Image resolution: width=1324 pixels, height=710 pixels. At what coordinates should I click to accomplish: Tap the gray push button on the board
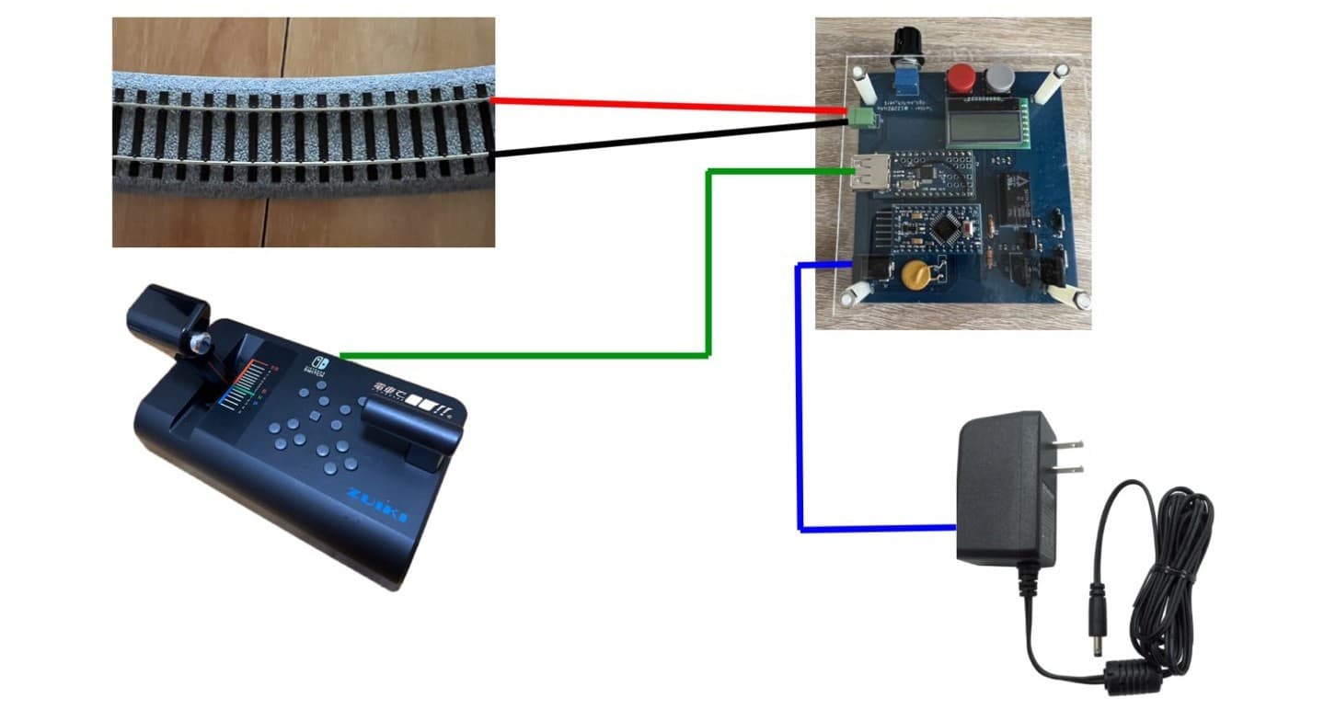tap(1000, 79)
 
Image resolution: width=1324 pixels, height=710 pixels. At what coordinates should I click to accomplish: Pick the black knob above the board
tap(906, 43)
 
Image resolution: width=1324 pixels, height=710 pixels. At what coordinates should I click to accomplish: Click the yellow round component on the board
tap(914, 274)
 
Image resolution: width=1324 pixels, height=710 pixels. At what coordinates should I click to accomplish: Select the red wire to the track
tap(662, 106)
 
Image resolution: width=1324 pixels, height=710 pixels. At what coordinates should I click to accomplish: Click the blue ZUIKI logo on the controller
tap(377, 505)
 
